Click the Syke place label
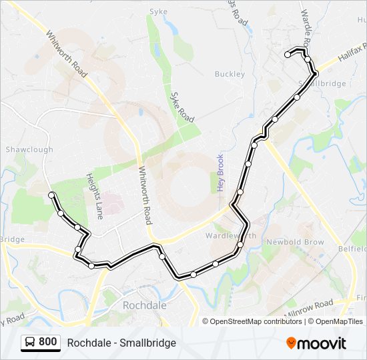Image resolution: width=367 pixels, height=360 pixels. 158,11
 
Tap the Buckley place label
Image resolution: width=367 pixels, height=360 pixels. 231,74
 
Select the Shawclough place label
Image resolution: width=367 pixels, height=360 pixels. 29,149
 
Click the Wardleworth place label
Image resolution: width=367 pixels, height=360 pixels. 231,236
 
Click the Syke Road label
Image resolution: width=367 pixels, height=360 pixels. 181,107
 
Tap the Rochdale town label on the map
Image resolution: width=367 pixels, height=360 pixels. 143,304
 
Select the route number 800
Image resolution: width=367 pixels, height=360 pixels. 48,342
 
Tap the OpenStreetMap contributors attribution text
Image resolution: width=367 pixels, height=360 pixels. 256,321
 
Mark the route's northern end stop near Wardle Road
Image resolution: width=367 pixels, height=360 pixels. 288,55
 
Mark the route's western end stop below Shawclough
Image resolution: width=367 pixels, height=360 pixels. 51,195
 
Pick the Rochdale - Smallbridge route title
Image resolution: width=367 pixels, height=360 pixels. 121,343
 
